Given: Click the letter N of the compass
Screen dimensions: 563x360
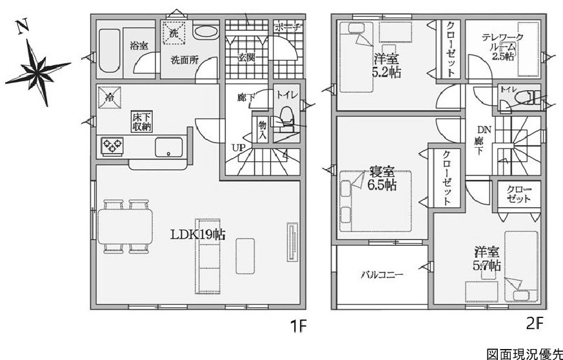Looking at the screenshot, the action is (x=23, y=27).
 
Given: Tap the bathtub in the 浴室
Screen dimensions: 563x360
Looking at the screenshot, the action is (x=109, y=50).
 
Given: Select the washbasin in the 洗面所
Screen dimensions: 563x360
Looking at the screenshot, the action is (x=206, y=32).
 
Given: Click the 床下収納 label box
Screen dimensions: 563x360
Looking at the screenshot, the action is (x=141, y=122).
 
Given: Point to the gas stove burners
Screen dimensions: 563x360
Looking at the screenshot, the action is (x=112, y=146).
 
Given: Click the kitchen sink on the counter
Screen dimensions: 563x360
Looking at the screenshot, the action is (x=169, y=147).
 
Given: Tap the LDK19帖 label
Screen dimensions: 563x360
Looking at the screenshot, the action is (x=197, y=235).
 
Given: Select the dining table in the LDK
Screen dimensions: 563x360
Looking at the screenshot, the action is (x=125, y=226).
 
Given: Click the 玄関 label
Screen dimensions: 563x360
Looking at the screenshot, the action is (x=246, y=57).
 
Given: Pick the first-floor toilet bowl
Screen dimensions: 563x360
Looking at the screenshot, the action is (x=286, y=117).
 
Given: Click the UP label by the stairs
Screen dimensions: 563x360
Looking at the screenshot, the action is (x=239, y=148).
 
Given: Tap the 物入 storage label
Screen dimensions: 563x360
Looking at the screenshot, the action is (x=262, y=130).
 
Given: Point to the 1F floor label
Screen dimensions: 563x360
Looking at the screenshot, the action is (x=299, y=326).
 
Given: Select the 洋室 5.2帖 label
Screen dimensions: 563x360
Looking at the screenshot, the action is (x=387, y=65).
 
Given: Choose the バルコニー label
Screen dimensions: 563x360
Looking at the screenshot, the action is (x=382, y=275).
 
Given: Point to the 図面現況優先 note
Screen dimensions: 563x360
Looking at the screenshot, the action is (x=524, y=354).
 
